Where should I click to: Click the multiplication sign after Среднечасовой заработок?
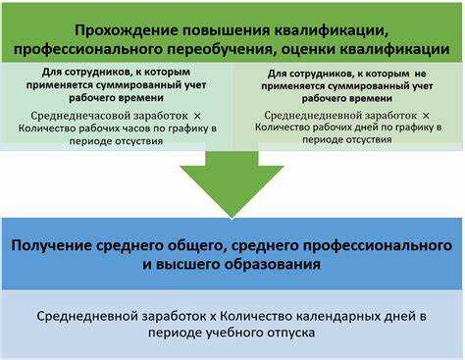pyautogui.click(x=196, y=114)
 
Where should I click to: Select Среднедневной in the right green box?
pyautogui.click(x=299, y=114)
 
